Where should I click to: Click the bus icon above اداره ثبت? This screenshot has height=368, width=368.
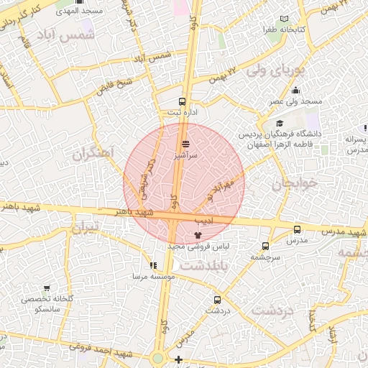[x=182, y=102]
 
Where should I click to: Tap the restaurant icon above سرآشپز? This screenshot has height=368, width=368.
[x=186, y=144]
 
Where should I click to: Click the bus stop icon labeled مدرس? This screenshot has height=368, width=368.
[x=297, y=230]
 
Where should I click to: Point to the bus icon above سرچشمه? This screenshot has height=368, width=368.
[x=265, y=246]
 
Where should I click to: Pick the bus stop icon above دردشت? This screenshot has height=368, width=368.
[x=217, y=300]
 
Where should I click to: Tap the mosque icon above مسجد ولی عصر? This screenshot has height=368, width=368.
[x=296, y=91]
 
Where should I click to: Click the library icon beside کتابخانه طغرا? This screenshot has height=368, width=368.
[x=285, y=19]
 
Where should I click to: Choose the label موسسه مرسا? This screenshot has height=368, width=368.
[x=150, y=276]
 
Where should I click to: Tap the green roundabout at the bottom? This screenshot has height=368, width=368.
[x=158, y=358]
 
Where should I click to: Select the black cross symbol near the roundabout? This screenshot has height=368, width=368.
[x=178, y=359]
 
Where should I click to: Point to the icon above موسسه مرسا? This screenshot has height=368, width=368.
[x=152, y=265]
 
